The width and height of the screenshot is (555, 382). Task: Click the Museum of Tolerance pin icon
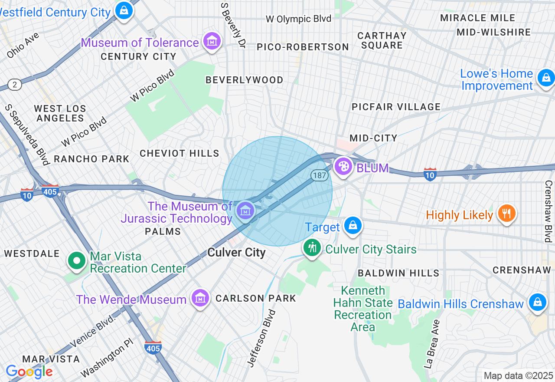click(x=212, y=42)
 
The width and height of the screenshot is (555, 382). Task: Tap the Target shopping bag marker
click(x=353, y=225)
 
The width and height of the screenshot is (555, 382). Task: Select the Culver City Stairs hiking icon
click(x=312, y=248)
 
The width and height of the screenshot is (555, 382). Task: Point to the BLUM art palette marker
click(x=343, y=166)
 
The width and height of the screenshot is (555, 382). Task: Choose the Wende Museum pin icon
click(x=200, y=298)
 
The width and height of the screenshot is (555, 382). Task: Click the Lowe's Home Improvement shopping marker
click(x=546, y=78)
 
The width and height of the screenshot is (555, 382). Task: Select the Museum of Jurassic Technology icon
click(x=245, y=211)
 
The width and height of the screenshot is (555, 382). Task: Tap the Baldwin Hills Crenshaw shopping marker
click(x=537, y=302)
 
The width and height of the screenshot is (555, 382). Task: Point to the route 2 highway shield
click(x=14, y=85)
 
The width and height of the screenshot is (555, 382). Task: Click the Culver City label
click(x=236, y=253)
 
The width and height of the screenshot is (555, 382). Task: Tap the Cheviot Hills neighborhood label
click(x=180, y=153)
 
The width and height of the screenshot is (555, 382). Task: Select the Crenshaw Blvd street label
click(x=548, y=211)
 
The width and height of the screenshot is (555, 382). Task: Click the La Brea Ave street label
click(x=434, y=344)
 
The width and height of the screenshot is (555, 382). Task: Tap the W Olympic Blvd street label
click(x=298, y=19)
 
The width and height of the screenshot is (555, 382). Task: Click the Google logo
click(x=29, y=372)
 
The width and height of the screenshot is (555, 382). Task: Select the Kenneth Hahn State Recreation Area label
click(x=362, y=308)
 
